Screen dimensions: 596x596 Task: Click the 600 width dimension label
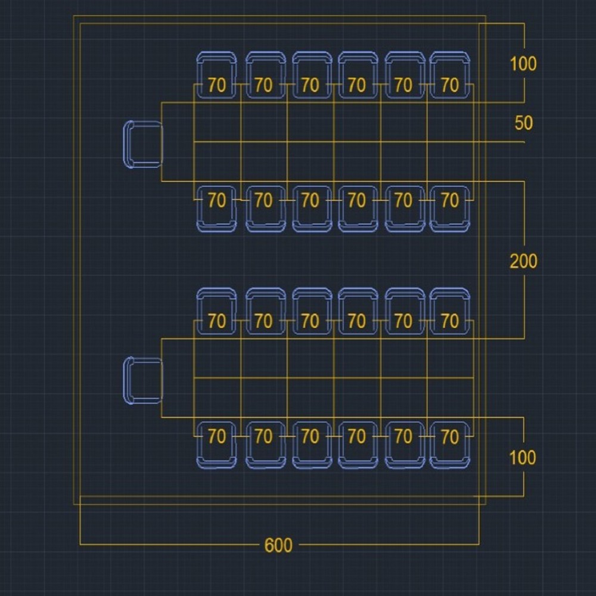pyautogui.click(x=278, y=545)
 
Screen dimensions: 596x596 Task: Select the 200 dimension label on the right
pyautogui.click(x=523, y=261)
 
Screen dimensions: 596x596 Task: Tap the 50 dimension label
pyautogui.click(x=523, y=123)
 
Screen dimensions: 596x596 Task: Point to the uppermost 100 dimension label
pyautogui.click(x=523, y=64)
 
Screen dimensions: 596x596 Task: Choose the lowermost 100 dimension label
pyautogui.click(x=522, y=458)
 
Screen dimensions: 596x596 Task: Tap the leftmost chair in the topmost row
pyautogui.click(x=216, y=74)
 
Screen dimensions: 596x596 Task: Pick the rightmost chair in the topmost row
pyautogui.click(x=450, y=74)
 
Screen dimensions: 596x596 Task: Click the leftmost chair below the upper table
pyautogui.click(x=216, y=209)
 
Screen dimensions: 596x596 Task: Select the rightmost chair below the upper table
pyautogui.click(x=450, y=209)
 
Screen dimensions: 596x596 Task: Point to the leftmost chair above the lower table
pyautogui.click(x=216, y=311)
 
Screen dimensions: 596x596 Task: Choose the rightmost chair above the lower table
pyautogui.click(x=450, y=311)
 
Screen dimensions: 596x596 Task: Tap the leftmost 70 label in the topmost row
pyautogui.click(x=217, y=85)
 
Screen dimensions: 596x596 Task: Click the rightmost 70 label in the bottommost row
pyautogui.click(x=450, y=437)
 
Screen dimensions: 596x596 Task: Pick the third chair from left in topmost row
pyautogui.click(x=310, y=74)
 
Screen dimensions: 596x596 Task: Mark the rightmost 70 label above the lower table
pyautogui.click(x=450, y=321)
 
